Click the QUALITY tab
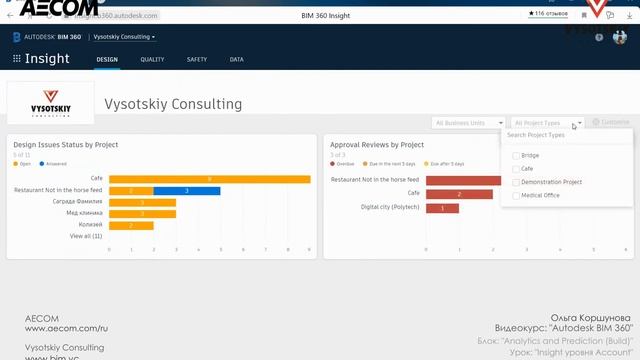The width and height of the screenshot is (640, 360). [152, 60]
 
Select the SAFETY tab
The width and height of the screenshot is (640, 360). [196, 60]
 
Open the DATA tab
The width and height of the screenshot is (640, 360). [236, 60]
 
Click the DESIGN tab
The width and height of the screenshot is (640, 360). [107, 60]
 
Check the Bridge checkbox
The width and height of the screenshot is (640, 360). [516, 156]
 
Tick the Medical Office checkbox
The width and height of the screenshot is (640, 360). [516, 195]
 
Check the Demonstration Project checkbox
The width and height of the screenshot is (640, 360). [516, 182]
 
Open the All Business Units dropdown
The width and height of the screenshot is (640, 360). [468, 123]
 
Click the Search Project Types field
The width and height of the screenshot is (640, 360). [565, 135]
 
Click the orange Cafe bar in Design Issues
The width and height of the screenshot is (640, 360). [209, 179]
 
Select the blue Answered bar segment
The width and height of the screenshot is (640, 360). [187, 190]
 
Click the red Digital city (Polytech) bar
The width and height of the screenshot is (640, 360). [442, 208]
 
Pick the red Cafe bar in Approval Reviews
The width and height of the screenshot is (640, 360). [459, 194]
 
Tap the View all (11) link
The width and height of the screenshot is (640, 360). [87, 237]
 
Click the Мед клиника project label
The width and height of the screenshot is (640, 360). [86, 213]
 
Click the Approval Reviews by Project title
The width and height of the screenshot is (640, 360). [377, 145]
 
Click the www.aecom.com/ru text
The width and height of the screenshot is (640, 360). [66, 328]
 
